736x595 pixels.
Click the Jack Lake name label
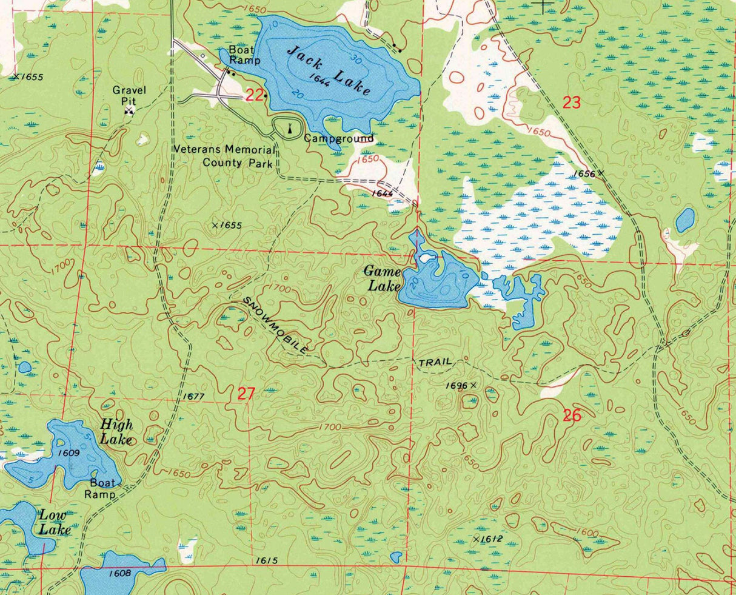(328, 70)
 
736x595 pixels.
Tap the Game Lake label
(383, 279)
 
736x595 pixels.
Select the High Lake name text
(116, 432)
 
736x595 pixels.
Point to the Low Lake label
(55, 522)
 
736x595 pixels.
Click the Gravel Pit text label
(129, 95)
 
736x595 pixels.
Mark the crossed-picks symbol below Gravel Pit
(129, 110)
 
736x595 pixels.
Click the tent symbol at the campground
(289, 128)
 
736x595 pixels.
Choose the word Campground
(338, 138)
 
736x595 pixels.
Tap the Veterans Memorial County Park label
(224, 156)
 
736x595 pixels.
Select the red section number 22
(255, 95)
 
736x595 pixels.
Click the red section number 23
(572, 103)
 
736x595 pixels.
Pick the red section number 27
(246, 394)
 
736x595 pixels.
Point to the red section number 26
(572, 415)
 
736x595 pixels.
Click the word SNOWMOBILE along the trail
(276, 325)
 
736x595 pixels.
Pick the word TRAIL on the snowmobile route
(435, 363)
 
